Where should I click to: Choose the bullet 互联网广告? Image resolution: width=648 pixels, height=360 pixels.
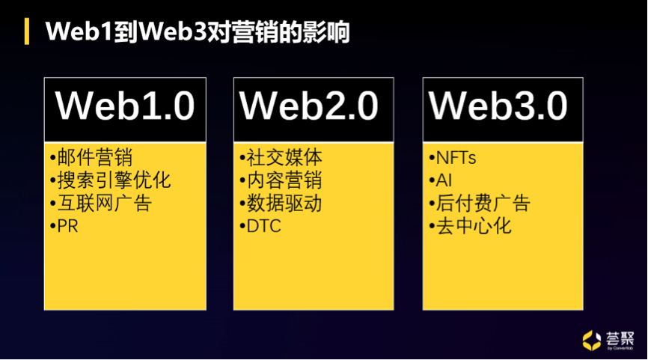tap(101, 203)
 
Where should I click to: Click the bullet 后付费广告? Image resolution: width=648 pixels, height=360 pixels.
tap(480, 203)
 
